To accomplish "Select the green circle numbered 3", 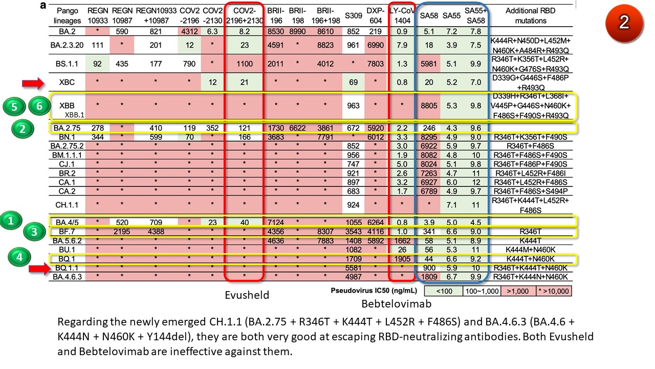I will (x=33, y=231).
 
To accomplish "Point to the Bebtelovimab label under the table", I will (x=397, y=303).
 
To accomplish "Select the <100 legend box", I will (x=444, y=291).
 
